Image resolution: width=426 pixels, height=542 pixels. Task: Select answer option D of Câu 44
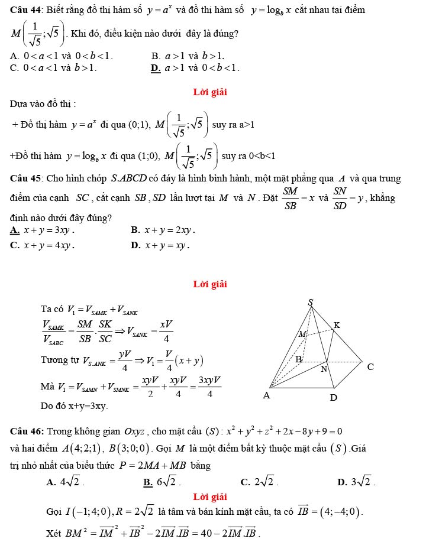195,68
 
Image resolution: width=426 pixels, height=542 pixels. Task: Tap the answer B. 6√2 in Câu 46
162,482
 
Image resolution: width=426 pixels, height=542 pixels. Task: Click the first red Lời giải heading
210,92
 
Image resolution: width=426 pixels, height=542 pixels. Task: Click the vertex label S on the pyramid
311,303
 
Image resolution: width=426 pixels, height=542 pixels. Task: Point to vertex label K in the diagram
337,324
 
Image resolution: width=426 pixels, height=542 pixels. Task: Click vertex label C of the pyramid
370,366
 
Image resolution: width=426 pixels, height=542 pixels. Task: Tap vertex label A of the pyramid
266,396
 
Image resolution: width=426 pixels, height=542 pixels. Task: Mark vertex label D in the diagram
333,398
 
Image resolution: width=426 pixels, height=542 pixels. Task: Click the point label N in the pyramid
323,370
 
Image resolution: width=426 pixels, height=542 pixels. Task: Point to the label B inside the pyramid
299,359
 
